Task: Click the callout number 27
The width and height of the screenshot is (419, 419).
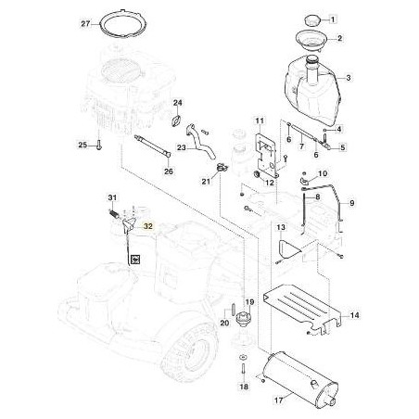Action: pos(85,24)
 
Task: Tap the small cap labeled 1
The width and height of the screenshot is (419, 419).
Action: pos(311,20)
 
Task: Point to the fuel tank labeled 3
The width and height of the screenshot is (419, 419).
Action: pos(312,90)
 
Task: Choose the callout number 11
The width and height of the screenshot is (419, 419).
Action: pos(260,121)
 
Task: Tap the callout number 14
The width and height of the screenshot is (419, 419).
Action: pos(355,315)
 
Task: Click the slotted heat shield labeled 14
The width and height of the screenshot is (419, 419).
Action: pos(301,308)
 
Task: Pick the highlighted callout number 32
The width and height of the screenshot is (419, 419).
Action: pos(148,226)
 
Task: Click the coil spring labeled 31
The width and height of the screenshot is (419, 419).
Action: pos(114,213)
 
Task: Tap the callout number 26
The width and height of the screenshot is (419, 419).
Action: pos(169,171)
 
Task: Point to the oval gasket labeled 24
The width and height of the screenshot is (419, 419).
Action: pos(176,121)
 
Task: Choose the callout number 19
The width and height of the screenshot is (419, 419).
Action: pos(249,302)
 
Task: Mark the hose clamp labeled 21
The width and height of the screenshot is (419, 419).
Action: pos(222,167)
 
